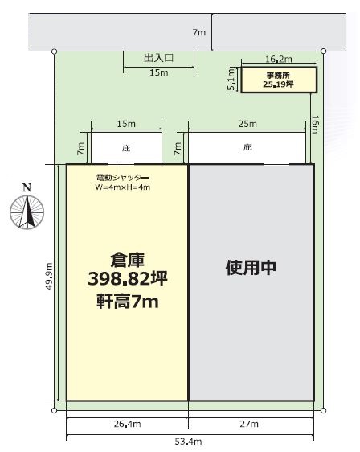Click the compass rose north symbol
(x=27, y=212)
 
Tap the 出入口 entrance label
(x=158, y=58)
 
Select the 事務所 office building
(x=279, y=80)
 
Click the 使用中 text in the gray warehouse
(x=252, y=268)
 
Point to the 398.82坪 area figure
(x=128, y=279)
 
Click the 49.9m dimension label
(x=49, y=276)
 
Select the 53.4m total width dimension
(x=188, y=442)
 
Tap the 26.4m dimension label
(x=127, y=424)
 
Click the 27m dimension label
(x=249, y=424)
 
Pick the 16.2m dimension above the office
(x=279, y=59)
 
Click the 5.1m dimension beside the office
(x=231, y=80)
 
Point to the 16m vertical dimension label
(x=315, y=125)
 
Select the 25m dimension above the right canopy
(x=247, y=124)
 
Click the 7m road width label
(x=199, y=32)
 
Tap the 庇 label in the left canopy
(x=126, y=148)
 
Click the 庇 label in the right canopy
(x=247, y=148)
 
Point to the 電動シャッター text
(x=122, y=177)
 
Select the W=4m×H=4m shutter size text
(x=123, y=187)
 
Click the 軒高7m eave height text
(x=128, y=302)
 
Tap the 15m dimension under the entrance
(x=158, y=72)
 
